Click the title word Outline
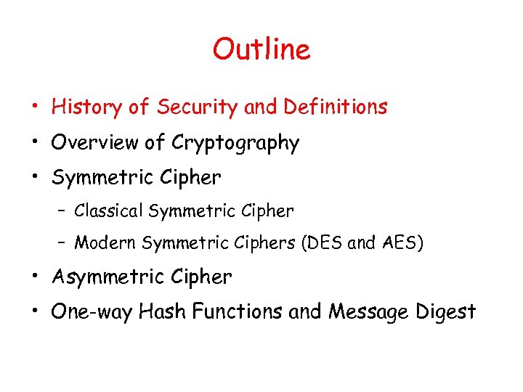pos(261,49)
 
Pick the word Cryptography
pos(235,144)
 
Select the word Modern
pos(105,242)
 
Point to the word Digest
pos(447,312)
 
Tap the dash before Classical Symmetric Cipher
pos(62,212)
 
